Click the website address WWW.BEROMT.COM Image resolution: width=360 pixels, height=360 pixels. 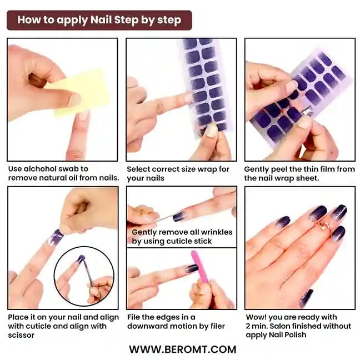(x=183, y=349)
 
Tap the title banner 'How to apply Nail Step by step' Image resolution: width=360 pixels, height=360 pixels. (x=99, y=20)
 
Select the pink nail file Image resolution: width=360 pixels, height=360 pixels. (x=200, y=267)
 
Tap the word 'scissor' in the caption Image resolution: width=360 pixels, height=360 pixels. (x=21, y=335)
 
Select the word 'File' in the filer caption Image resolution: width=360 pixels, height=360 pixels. (x=133, y=317)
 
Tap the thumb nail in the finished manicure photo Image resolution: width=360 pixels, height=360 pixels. (x=307, y=298)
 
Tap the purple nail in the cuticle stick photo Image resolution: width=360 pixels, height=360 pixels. (x=179, y=216)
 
